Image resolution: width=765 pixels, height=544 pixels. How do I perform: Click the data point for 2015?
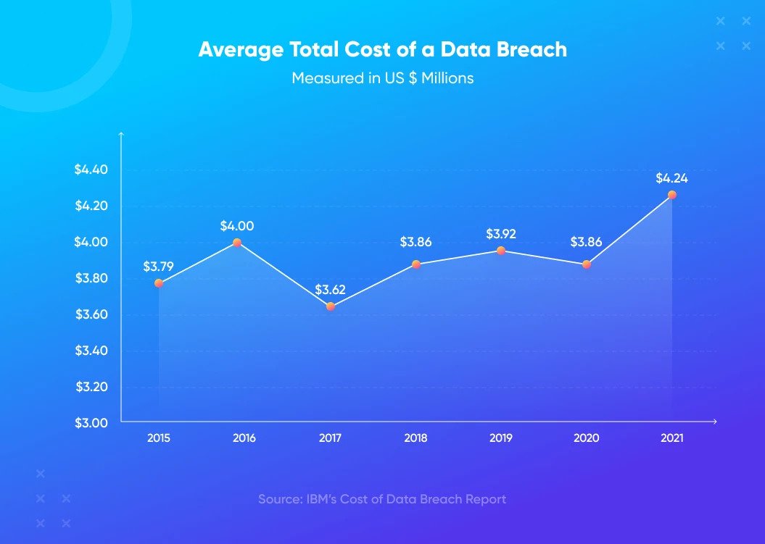point(159,283)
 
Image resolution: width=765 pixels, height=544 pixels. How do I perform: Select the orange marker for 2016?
point(237,242)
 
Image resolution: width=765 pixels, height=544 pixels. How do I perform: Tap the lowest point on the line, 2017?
point(331,306)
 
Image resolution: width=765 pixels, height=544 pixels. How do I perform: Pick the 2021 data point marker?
point(671,195)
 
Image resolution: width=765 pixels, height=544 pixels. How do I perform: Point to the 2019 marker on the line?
point(500,251)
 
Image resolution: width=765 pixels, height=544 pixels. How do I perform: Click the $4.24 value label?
point(671,178)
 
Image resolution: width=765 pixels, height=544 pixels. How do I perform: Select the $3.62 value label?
point(330,290)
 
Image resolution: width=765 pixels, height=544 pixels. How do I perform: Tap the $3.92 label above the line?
point(500,234)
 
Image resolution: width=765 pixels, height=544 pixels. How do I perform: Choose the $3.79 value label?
point(158,267)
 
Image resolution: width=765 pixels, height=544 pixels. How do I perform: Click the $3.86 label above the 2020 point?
point(586,242)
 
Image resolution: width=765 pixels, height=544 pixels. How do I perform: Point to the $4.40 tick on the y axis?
point(91,170)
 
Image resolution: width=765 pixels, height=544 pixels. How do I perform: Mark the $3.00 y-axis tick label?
point(91,422)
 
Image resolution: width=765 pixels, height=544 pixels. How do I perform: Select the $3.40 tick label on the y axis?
point(91,351)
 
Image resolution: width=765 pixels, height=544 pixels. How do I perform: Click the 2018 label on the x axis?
point(415,438)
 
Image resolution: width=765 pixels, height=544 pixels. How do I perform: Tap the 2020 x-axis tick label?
point(586,438)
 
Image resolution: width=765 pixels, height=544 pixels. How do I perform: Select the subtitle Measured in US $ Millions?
point(383,78)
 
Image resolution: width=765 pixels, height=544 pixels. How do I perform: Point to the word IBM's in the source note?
point(321,499)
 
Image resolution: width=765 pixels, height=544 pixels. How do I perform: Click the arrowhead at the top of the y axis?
point(122,133)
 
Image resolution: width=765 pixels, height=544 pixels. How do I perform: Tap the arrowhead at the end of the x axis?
point(715,421)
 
